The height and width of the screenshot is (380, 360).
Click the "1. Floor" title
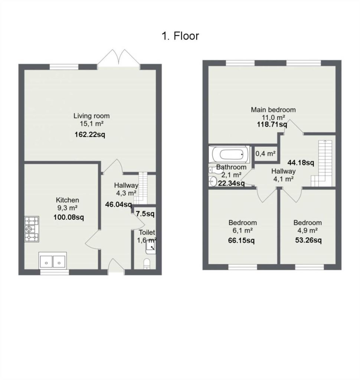pyautogui.click(x=180, y=36)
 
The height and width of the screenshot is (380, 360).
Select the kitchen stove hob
pyautogui.click(x=32, y=229)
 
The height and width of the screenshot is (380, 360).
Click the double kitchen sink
pyautogui.click(x=53, y=261)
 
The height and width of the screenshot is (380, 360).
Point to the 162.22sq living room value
pyautogui.click(x=90, y=134)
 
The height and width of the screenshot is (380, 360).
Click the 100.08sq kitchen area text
pyautogui.click(x=69, y=217)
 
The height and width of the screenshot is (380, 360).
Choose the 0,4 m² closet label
pyautogui.click(x=265, y=154)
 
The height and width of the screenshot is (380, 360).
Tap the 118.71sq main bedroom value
pyautogui.click(x=272, y=125)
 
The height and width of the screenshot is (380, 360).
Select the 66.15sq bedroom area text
pyautogui.click(x=241, y=240)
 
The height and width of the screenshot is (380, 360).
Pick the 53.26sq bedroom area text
pyautogui.click(x=308, y=240)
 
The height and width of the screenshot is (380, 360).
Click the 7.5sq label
pyautogui.click(x=145, y=214)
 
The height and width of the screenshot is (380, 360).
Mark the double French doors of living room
pyautogui.click(x=119, y=58)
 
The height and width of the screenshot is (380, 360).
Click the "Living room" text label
pyautogui.click(x=91, y=116)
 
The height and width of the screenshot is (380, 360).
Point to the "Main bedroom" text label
pyautogui.click(x=273, y=110)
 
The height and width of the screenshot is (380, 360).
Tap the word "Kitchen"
pyautogui.click(x=68, y=200)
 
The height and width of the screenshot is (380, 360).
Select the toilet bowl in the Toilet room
pyautogui.click(x=147, y=264)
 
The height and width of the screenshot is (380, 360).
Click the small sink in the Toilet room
pyautogui.click(x=151, y=247)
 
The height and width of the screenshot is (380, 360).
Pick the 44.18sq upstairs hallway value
pyautogui.click(x=301, y=163)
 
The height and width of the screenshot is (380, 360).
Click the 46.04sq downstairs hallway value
pyautogui.click(x=118, y=204)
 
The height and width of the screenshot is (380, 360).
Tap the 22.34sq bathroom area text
pyautogui.click(x=231, y=183)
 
